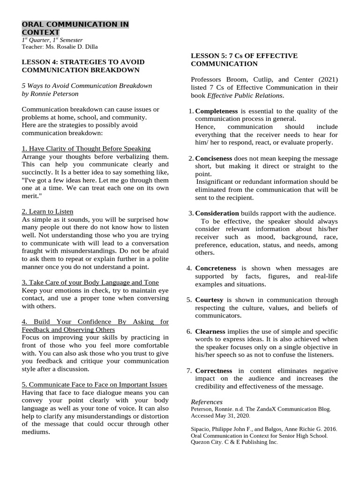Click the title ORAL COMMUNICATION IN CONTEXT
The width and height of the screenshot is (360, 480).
coord(75,28)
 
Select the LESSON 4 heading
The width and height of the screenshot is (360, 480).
coord(83,66)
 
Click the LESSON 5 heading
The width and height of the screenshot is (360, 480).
coord(244,60)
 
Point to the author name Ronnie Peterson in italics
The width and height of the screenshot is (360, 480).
coord(51,94)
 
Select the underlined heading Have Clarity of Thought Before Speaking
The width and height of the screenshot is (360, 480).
coord(86,149)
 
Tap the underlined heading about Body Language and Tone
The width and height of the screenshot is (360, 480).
coord(90,282)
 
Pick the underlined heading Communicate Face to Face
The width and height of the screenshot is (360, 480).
coord(94,385)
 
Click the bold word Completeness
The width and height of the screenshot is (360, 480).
coord(216,111)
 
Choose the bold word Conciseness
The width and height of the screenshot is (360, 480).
coord(213,158)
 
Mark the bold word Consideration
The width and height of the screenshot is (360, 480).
coord(217,213)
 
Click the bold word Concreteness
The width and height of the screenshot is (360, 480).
coord(216,268)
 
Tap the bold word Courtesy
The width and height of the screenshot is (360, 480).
coord(210,300)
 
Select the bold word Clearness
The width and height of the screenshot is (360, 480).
coord(210,331)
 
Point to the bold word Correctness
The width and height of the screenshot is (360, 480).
coord(214,370)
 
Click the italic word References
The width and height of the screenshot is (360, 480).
coord(207,402)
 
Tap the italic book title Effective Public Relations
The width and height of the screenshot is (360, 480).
coord(245,96)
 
